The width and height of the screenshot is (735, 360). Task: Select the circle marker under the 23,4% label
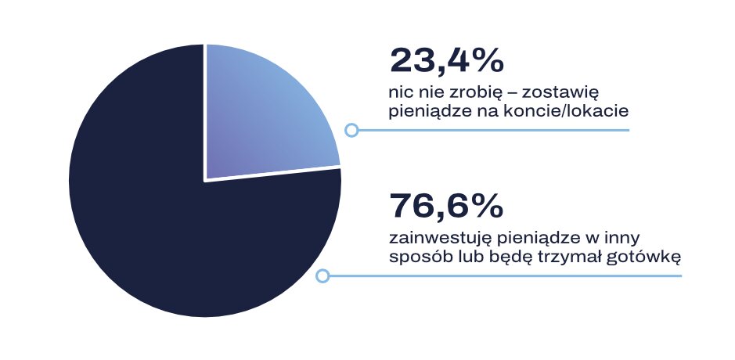(351, 130)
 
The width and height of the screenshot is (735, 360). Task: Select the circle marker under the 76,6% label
(322, 275)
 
